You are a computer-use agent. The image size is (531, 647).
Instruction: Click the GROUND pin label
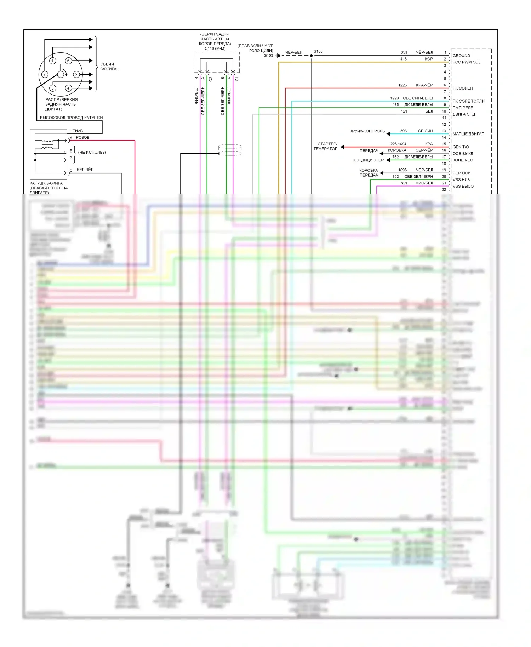[x=461, y=56]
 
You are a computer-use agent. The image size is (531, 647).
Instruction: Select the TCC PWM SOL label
[x=466, y=62]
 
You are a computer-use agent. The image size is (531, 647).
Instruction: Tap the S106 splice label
[x=318, y=51]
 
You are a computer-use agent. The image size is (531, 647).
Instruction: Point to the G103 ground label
[x=268, y=56]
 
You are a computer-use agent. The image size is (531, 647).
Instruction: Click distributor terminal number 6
[x=68, y=61]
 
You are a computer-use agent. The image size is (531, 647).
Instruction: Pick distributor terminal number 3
[x=53, y=88]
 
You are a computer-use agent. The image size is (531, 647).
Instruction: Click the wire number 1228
[x=402, y=85]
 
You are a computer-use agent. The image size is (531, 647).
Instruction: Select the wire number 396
[x=403, y=131]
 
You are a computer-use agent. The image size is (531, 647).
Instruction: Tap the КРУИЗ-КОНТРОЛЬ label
[x=367, y=131]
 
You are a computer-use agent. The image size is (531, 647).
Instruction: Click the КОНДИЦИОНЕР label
[x=368, y=160]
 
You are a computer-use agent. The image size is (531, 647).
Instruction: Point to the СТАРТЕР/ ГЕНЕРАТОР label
[x=326, y=147]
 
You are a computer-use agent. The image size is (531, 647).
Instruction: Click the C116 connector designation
[x=215, y=48]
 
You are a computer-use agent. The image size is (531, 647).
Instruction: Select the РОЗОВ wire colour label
[x=82, y=138]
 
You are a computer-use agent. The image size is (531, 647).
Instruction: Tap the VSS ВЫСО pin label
[x=463, y=186]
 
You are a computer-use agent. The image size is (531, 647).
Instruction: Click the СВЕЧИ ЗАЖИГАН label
[x=109, y=67]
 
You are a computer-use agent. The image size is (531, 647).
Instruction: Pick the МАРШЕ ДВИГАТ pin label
[x=468, y=134]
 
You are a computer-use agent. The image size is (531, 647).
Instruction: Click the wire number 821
[x=404, y=183]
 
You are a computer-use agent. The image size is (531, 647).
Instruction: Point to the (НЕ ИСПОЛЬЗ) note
[x=92, y=153]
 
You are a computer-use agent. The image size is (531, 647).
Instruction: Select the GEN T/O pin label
[x=461, y=147]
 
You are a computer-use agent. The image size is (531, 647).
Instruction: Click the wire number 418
[x=403, y=59]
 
